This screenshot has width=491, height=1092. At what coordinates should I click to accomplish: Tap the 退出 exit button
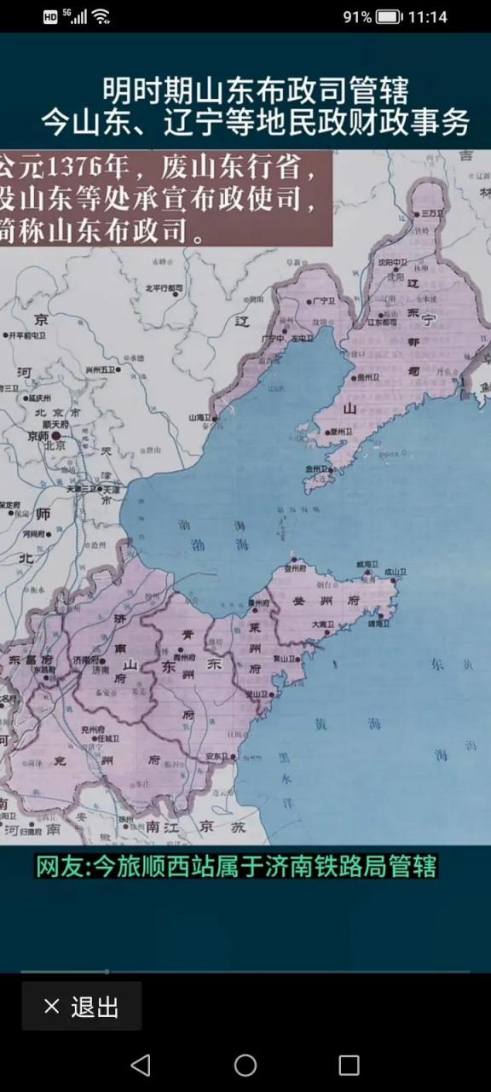click(x=82, y=1007)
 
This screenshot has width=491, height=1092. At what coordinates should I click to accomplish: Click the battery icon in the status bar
click(x=388, y=17)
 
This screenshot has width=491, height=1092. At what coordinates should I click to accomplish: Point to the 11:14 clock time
click(x=428, y=17)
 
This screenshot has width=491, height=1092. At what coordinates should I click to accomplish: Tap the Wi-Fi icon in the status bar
click(x=101, y=17)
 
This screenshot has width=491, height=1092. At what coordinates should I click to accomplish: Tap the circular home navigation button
click(x=245, y=1065)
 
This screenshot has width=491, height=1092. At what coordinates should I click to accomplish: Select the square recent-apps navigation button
click(x=349, y=1065)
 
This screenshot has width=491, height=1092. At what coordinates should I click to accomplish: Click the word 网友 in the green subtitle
click(x=61, y=867)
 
